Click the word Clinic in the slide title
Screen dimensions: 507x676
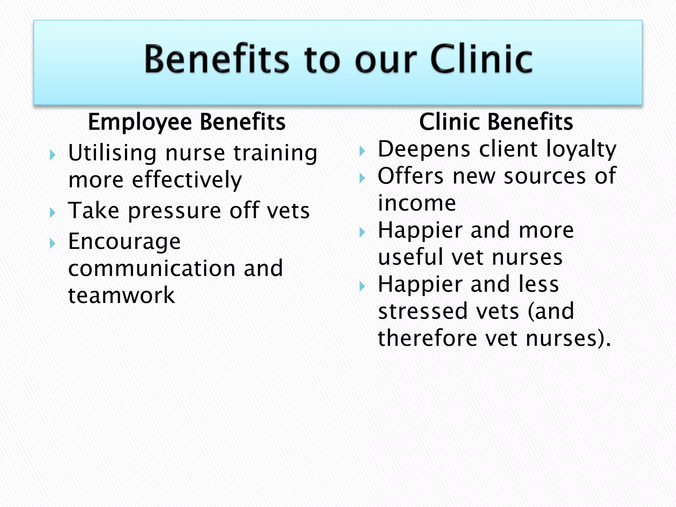(x=481, y=59)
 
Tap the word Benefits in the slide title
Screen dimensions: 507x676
(x=217, y=59)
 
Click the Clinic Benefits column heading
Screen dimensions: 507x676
(x=496, y=122)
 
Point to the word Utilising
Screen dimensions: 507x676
(x=112, y=153)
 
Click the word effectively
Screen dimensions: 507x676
(x=187, y=180)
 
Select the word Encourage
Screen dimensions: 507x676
(x=124, y=242)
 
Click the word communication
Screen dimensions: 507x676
(x=152, y=268)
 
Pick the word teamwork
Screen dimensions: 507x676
(x=121, y=295)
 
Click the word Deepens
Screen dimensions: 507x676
(x=424, y=150)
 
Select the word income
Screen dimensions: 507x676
(x=417, y=203)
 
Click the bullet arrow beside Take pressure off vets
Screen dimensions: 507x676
(x=52, y=212)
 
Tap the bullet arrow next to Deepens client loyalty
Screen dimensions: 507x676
(x=362, y=151)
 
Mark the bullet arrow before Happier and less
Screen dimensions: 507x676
(x=362, y=286)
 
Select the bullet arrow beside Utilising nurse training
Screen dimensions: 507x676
(x=52, y=154)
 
